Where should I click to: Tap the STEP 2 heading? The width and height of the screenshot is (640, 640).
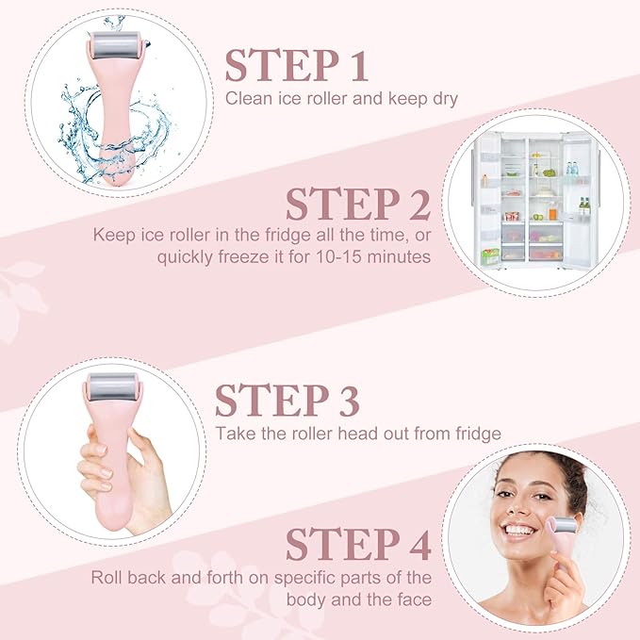tap(358, 205)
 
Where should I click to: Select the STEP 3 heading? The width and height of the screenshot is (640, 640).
tap(287, 401)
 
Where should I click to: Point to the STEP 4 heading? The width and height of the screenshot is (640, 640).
tap(358, 544)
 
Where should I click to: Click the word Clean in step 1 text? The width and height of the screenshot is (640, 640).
tap(246, 97)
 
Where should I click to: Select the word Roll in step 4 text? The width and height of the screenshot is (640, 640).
tap(107, 577)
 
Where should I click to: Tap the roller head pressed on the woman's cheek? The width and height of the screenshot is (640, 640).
tap(563, 524)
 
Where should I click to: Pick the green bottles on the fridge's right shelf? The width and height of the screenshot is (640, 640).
tap(584, 205)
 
